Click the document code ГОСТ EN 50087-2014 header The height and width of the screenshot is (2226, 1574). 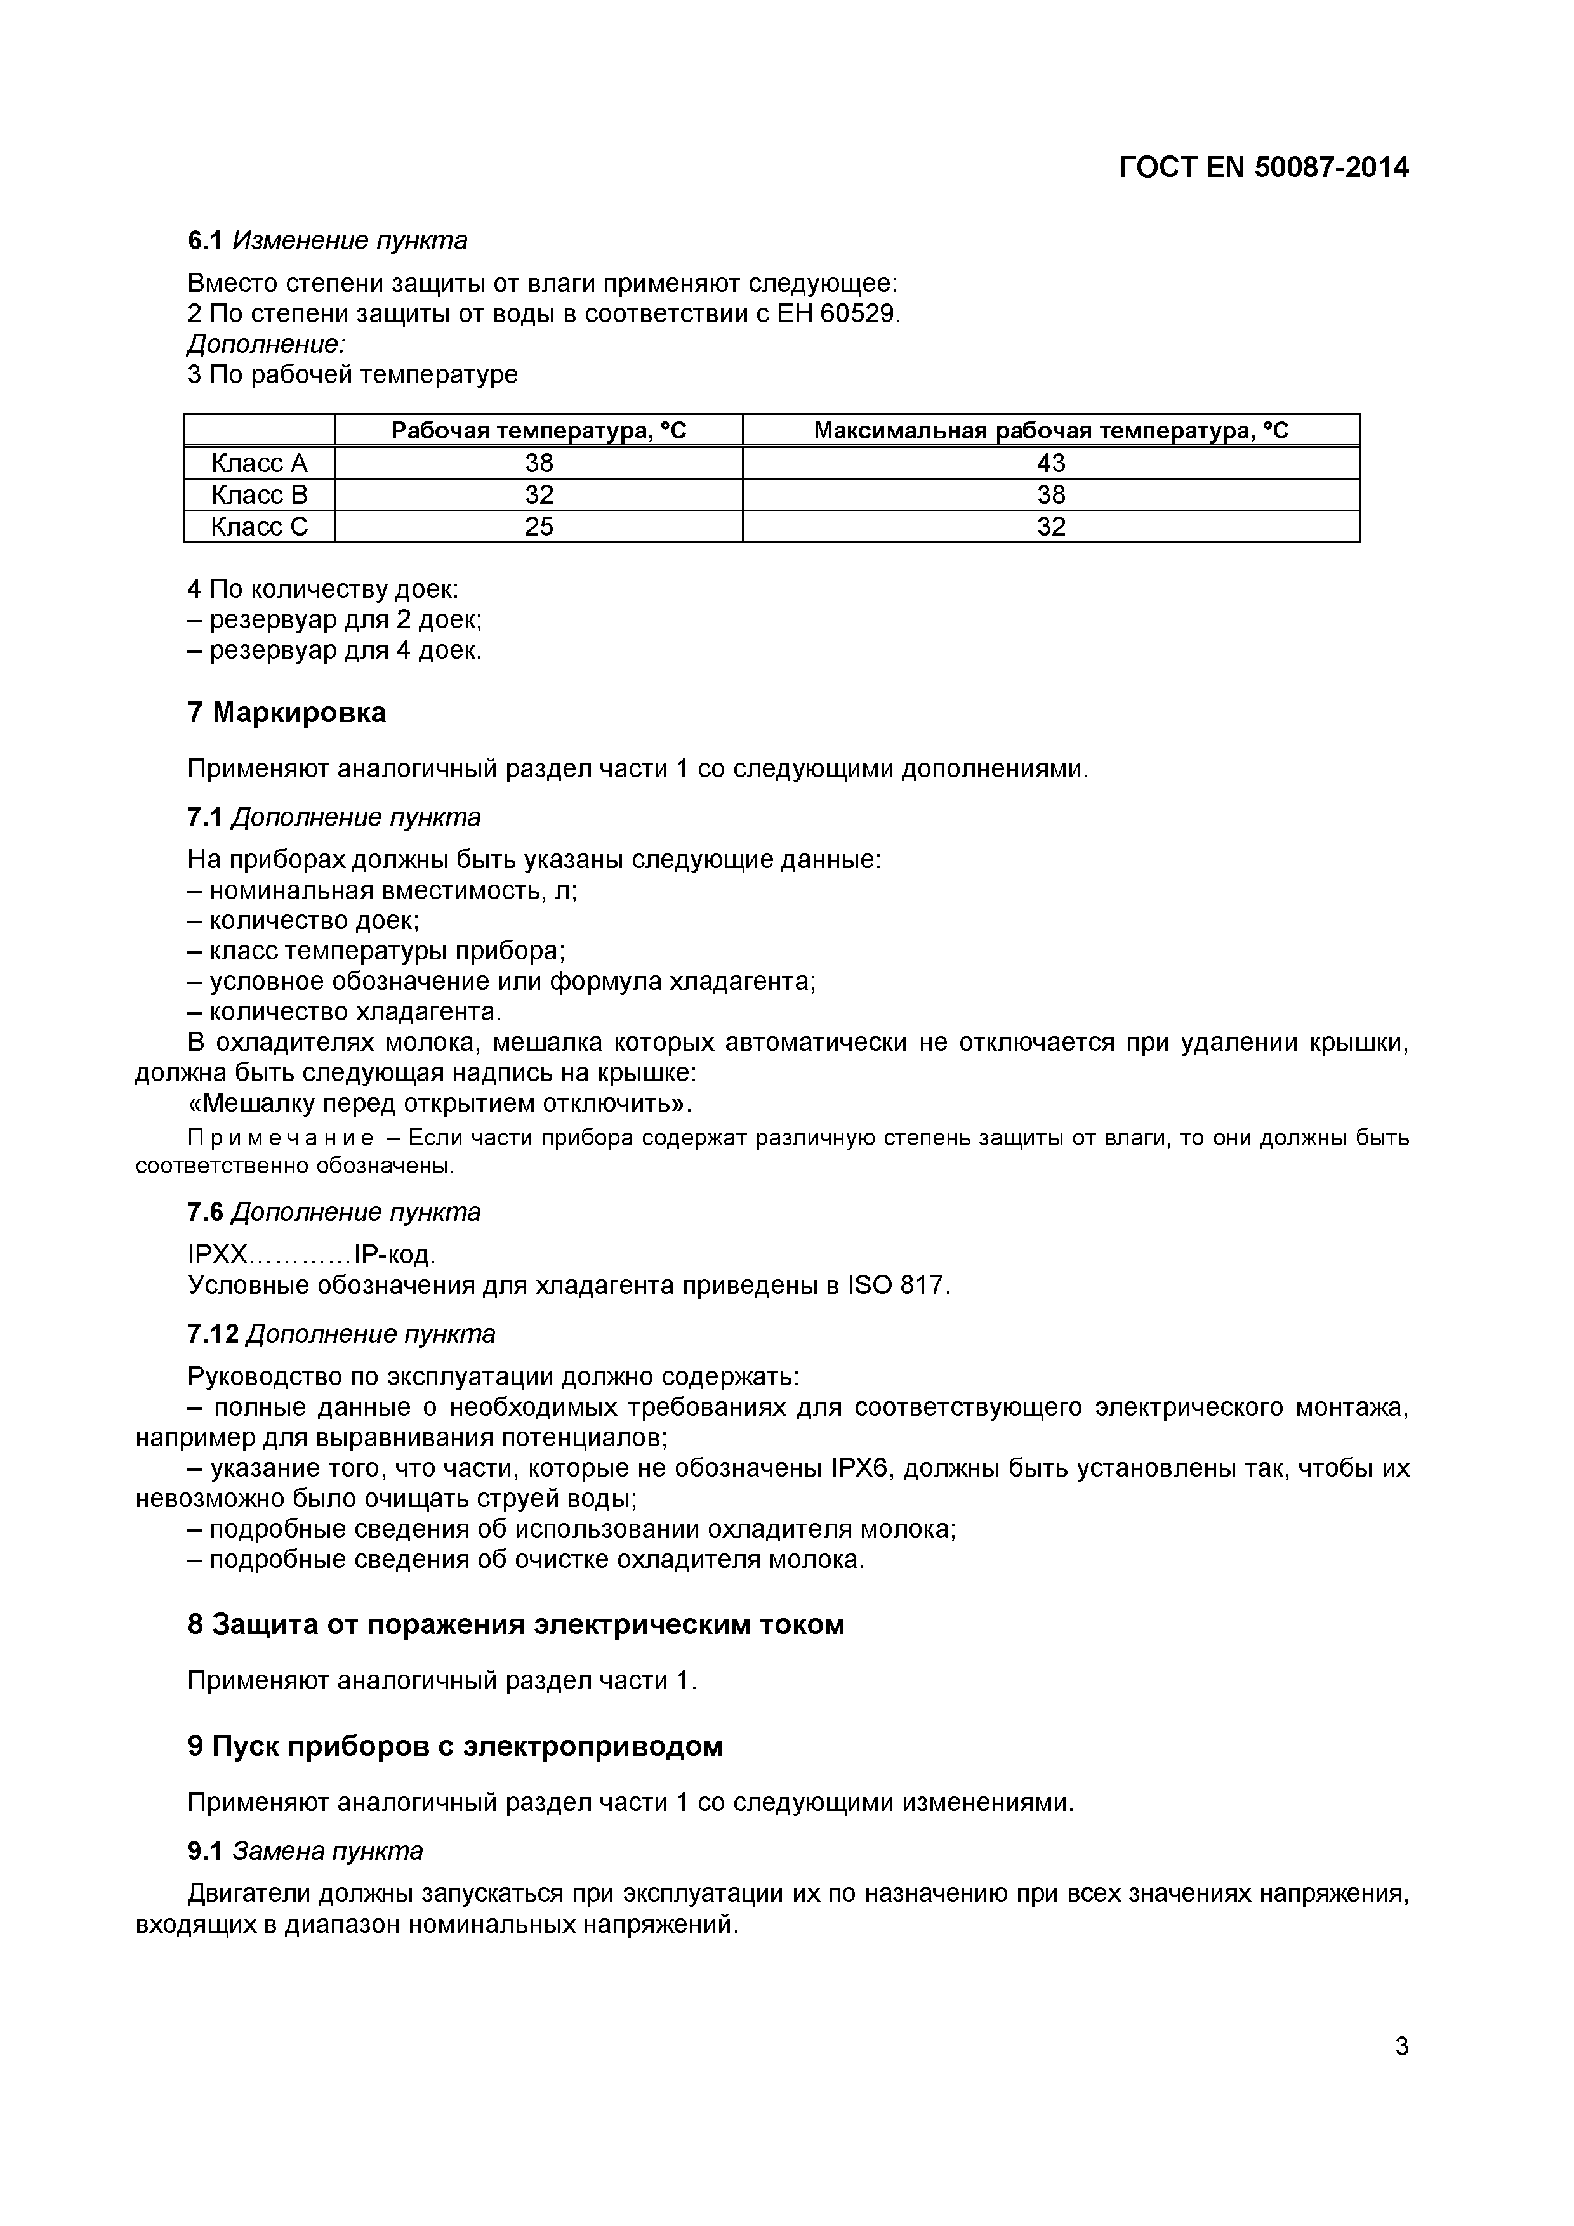point(1263,168)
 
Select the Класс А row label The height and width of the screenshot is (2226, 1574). point(259,463)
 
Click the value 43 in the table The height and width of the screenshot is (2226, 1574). point(1050,463)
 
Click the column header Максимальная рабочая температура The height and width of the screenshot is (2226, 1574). point(1050,430)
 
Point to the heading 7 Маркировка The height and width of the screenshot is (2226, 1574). point(286,713)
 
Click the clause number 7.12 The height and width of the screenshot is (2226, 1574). point(213,1334)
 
